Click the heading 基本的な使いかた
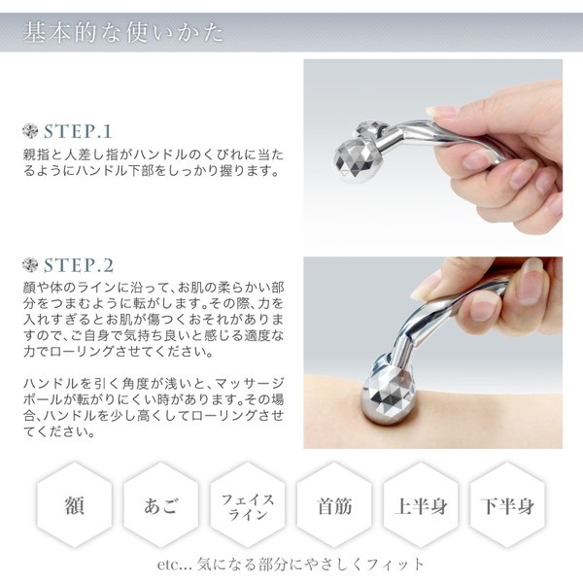[123, 32]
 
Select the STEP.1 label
[78, 131]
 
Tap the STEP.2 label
[79, 265]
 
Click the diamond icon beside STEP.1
[30, 131]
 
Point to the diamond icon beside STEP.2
[30, 264]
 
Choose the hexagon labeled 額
[75, 505]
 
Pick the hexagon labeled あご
[160, 505]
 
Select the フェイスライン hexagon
[248, 505]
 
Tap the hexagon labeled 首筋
[334, 505]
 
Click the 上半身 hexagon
[421, 505]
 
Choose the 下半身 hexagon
[507, 505]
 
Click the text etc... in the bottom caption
[174, 565]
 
